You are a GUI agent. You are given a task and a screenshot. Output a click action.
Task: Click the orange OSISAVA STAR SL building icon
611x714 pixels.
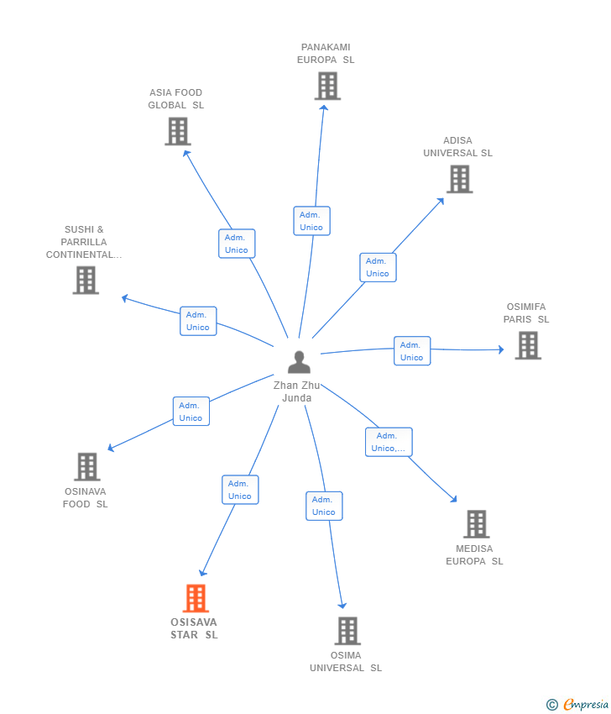click(x=196, y=598)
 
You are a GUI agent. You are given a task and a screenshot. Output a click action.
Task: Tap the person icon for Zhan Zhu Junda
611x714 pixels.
click(x=299, y=362)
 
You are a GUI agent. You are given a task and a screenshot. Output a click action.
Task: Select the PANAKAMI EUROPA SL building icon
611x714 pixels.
click(x=327, y=86)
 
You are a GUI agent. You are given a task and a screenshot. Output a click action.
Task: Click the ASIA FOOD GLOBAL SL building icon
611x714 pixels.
click(x=178, y=131)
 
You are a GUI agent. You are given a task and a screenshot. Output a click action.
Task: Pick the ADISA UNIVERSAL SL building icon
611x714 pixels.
click(x=459, y=179)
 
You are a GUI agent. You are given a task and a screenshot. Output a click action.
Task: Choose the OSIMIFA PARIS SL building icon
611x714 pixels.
click(x=528, y=345)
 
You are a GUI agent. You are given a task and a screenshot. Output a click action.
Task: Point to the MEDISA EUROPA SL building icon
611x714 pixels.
click(x=476, y=524)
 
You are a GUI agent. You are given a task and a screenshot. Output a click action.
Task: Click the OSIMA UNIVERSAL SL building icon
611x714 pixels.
click(x=347, y=631)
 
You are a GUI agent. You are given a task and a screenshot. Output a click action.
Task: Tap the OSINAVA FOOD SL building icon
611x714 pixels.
click(x=86, y=467)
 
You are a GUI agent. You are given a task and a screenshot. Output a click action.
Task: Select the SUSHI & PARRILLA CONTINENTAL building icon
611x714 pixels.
click(x=86, y=281)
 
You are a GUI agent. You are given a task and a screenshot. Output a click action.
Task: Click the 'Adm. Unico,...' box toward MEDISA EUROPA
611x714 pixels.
click(x=389, y=442)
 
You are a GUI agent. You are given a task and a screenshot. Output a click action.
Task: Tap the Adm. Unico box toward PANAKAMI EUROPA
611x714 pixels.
click(x=311, y=221)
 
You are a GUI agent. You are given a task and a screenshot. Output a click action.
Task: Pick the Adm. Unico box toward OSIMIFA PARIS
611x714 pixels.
click(x=411, y=351)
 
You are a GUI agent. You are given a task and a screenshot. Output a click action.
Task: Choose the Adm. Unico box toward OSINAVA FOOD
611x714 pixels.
click(x=191, y=412)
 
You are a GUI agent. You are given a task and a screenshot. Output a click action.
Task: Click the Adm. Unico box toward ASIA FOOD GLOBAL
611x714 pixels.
click(x=237, y=244)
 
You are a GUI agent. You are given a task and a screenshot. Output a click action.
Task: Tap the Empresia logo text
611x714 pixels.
click(x=584, y=705)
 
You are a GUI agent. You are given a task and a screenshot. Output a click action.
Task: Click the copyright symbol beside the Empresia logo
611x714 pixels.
click(x=551, y=705)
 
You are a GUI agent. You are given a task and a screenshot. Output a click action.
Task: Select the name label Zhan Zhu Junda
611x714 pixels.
click(x=298, y=391)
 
